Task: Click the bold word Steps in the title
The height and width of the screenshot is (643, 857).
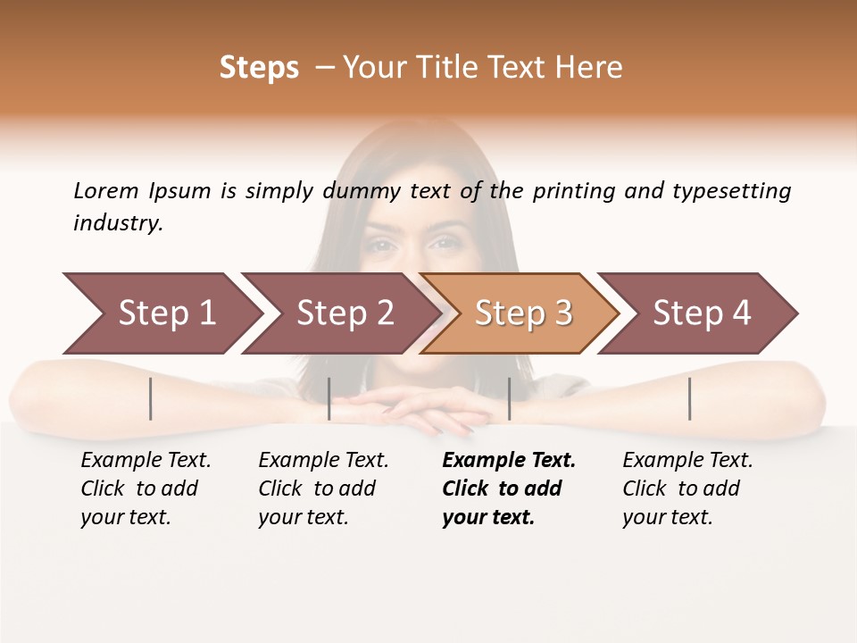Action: coord(259,68)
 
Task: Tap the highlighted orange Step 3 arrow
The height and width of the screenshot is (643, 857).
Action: coord(522,313)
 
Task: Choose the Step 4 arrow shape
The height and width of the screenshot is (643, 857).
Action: coord(701,313)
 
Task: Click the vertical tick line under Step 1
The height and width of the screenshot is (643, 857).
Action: coord(151,398)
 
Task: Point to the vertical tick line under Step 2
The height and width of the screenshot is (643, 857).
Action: coord(329,398)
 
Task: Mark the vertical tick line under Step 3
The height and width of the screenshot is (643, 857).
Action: coord(509,398)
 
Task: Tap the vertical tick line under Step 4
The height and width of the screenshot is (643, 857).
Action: coord(690,398)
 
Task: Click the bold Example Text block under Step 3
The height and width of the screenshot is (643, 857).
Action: coord(509,489)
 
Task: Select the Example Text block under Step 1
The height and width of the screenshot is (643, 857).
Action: coord(146,489)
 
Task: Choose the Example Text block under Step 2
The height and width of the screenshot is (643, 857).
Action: coord(323,489)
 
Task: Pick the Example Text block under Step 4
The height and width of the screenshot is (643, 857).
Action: coord(687,489)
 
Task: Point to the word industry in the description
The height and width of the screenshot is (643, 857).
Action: coord(118,222)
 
